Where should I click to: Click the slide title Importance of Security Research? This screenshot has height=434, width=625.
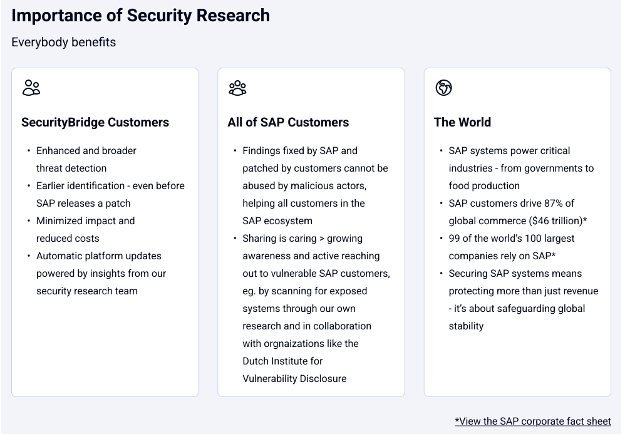click(x=140, y=16)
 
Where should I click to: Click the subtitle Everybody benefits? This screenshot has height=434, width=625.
click(x=63, y=42)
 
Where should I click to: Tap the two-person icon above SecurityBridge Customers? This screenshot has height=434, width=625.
click(x=31, y=88)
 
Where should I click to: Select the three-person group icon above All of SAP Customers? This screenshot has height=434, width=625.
click(x=237, y=88)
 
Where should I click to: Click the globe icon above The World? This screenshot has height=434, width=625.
click(x=443, y=88)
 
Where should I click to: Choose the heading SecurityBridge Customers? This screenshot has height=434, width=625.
click(x=95, y=122)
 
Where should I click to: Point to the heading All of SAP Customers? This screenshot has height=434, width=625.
click(x=288, y=122)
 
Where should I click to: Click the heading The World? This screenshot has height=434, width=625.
click(x=462, y=122)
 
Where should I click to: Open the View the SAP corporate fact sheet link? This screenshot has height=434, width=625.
click(x=532, y=421)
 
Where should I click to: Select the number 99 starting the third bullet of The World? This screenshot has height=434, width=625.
click(x=455, y=239)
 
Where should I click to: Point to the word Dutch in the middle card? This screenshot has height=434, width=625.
click(x=256, y=361)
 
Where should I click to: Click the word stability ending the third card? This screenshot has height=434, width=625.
click(x=466, y=326)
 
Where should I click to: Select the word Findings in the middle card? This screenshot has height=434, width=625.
click(x=262, y=151)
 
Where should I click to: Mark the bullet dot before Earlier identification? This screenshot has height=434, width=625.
click(x=28, y=186)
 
